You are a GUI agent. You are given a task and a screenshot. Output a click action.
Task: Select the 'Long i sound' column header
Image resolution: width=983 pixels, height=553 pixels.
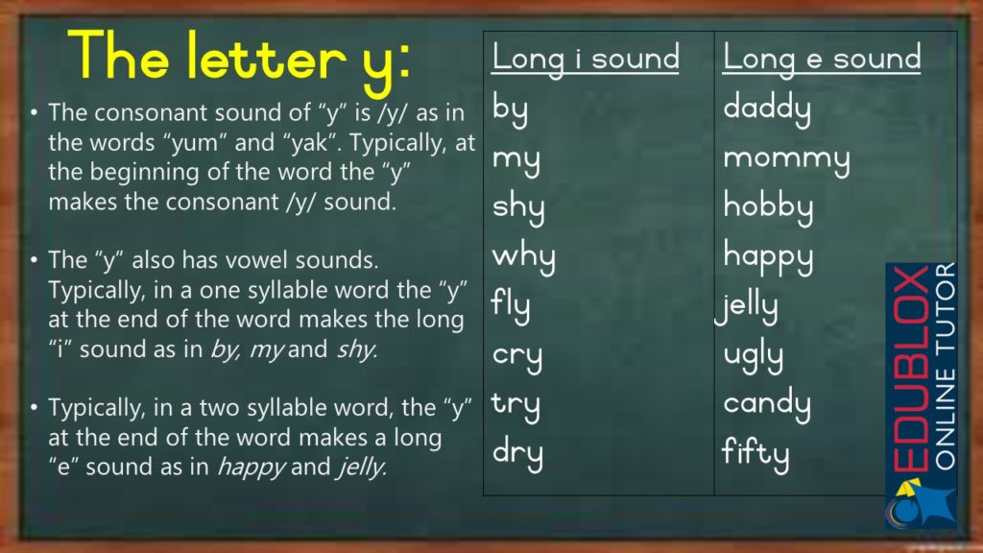586,58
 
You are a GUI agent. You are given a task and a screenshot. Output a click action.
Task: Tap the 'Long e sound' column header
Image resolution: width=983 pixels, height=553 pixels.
822,58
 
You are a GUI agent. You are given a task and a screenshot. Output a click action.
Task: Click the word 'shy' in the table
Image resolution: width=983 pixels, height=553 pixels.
517,208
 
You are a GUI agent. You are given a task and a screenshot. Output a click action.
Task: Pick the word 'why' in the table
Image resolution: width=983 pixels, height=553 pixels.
523,257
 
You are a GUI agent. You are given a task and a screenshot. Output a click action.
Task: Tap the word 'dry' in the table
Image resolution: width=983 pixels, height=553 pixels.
517,453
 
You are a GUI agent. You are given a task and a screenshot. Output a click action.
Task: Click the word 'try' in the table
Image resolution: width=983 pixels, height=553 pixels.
516,405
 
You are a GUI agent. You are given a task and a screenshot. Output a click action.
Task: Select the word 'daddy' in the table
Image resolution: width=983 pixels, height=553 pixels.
767,108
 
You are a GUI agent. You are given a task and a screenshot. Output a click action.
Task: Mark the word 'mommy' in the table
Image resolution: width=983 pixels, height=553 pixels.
786,158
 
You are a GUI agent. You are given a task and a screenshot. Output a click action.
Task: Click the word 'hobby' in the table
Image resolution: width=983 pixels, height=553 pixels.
768,208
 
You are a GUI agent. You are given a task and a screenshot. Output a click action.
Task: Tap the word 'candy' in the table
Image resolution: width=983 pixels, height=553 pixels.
767,405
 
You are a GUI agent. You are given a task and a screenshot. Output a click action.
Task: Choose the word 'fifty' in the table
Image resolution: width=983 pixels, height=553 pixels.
755,453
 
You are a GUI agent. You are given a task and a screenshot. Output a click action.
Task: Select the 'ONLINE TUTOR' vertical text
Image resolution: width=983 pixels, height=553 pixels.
945,365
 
